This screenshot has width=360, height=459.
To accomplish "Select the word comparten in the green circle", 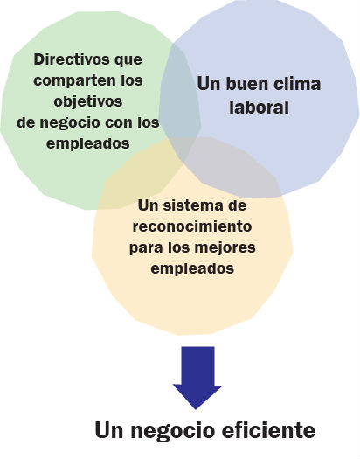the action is [x=75, y=80].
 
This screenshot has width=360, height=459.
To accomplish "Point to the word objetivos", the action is [x=88, y=102].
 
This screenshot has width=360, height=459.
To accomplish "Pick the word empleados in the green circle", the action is [x=88, y=144].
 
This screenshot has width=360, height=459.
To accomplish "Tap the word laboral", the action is [x=260, y=107].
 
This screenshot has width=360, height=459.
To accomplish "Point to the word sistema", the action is [x=190, y=205].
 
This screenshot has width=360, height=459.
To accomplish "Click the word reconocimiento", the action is [x=192, y=226].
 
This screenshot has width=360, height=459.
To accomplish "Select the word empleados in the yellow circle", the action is [x=192, y=268].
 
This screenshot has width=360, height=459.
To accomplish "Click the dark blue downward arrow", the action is [x=197, y=378].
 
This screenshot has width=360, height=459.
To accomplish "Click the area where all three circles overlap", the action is [x=181, y=149].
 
